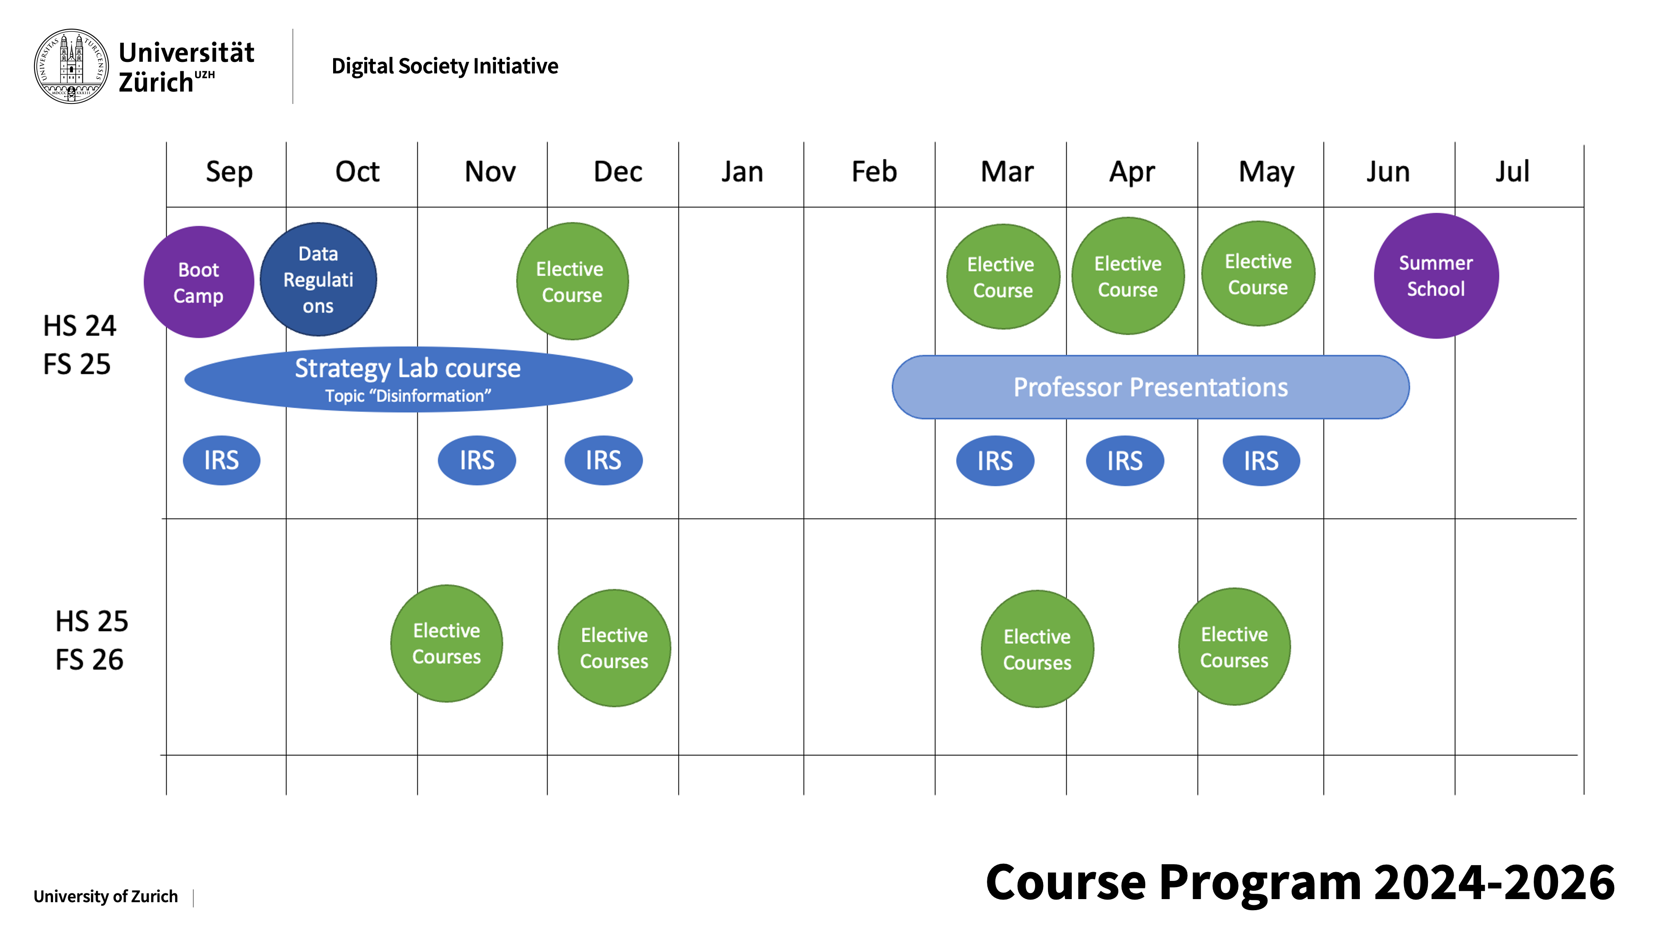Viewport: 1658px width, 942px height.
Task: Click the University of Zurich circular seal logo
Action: click(x=71, y=66)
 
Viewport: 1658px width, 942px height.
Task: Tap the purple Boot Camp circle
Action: click(x=199, y=282)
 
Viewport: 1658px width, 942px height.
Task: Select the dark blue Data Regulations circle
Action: click(x=319, y=280)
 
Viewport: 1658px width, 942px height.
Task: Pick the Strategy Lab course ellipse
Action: click(x=408, y=379)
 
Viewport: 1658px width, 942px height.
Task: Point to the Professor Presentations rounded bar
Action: click(x=1151, y=387)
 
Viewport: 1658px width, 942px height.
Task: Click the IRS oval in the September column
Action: click(x=221, y=460)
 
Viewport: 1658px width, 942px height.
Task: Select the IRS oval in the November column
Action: click(x=477, y=460)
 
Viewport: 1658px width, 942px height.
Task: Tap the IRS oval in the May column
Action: click(x=1261, y=461)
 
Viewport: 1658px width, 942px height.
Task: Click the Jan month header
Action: click(x=742, y=172)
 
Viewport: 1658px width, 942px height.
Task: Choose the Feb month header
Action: click(x=874, y=172)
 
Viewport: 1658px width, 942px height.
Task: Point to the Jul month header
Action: click(x=1512, y=172)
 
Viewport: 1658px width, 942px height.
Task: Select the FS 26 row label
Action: click(x=89, y=660)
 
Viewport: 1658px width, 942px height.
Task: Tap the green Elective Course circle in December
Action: click(x=572, y=281)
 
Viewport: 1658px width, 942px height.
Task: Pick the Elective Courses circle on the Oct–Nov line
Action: click(x=446, y=643)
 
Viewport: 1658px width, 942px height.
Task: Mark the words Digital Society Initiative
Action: click(x=445, y=66)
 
